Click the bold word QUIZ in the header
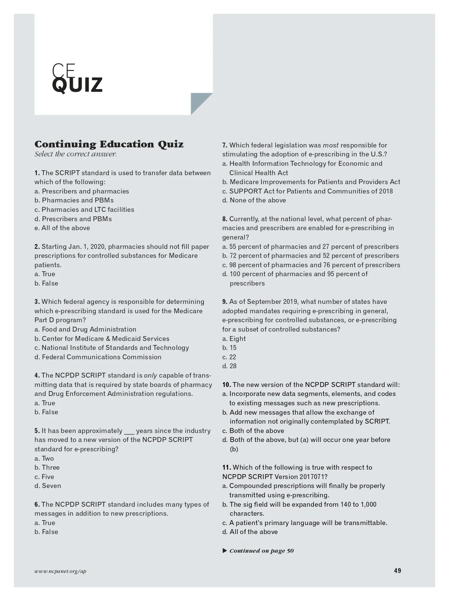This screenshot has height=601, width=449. (x=77, y=85)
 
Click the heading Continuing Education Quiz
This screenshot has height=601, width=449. (x=109, y=144)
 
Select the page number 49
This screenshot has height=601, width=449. (x=397, y=571)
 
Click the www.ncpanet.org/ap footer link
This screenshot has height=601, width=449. (x=60, y=571)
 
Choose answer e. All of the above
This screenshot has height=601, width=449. (x=62, y=228)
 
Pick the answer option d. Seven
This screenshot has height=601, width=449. (x=48, y=486)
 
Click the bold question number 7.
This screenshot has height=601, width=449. (x=224, y=145)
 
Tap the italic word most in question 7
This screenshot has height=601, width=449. (x=330, y=145)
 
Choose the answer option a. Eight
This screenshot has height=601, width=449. (x=234, y=339)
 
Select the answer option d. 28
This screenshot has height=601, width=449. (x=229, y=366)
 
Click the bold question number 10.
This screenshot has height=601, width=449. (x=226, y=385)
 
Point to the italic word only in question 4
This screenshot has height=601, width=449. (x=150, y=375)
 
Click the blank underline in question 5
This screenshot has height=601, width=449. (x=129, y=431)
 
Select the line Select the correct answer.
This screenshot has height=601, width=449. (x=76, y=154)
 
